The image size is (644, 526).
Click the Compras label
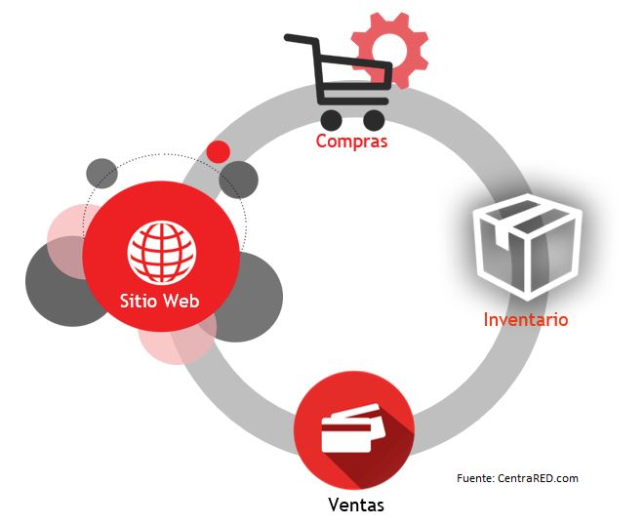tap(351, 142)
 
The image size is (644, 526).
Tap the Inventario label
tap(525, 319)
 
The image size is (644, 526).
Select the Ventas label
tap(355, 506)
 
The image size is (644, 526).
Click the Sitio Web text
tap(160, 301)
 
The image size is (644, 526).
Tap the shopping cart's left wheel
tap(332, 119)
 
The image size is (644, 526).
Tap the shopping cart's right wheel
tap(374, 119)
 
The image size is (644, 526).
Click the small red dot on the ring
tap(219, 151)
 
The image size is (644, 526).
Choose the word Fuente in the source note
tap(475, 478)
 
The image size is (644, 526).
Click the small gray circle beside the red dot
tap(238, 179)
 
